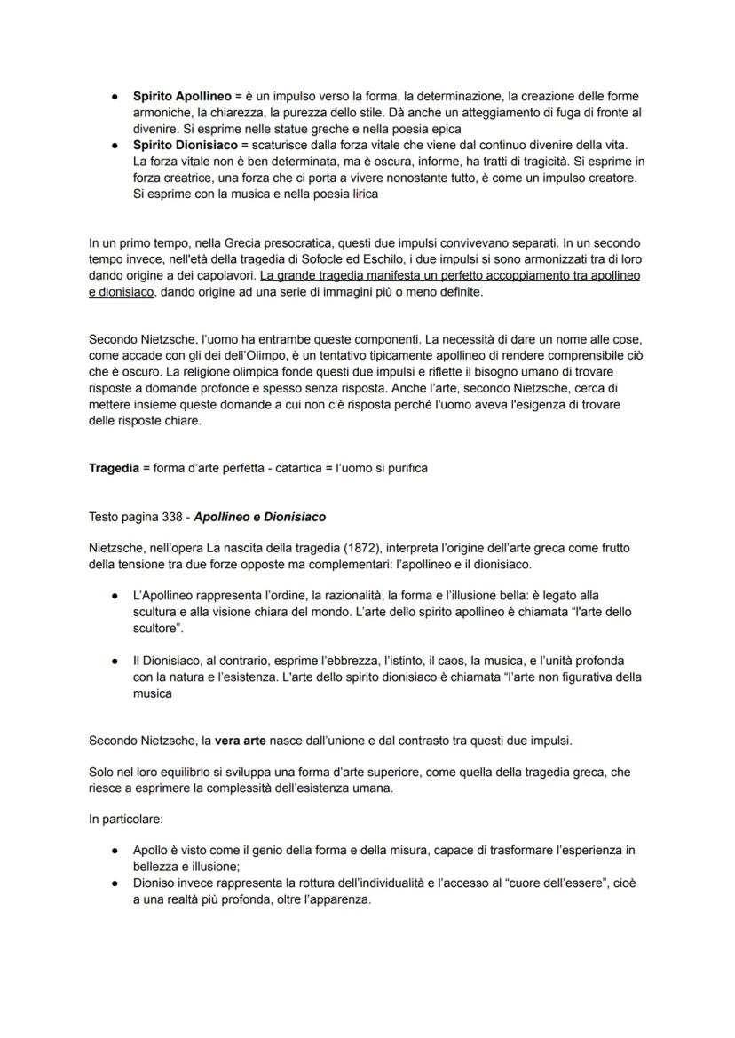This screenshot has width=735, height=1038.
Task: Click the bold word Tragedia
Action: (114, 468)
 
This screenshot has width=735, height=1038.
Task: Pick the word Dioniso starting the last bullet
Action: (153, 883)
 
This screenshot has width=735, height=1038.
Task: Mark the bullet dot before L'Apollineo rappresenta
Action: (115, 596)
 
